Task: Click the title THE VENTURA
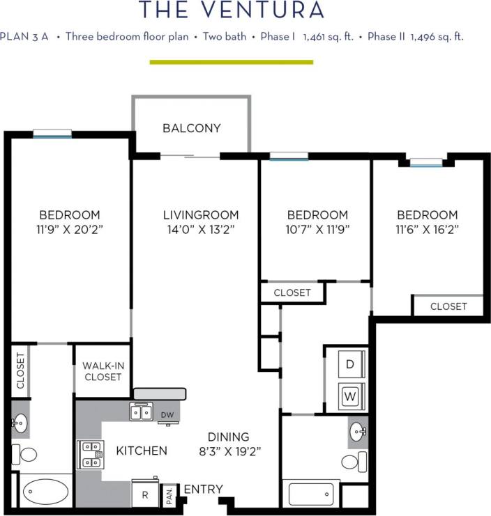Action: tap(232, 10)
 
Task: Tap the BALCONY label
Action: tap(192, 128)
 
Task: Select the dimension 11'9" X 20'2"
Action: tap(69, 229)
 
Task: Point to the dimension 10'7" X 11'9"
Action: tap(318, 229)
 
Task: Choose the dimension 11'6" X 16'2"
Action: tap(428, 229)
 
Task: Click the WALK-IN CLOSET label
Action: tap(102, 371)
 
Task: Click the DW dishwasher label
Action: tap(167, 415)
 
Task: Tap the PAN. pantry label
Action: tap(169, 495)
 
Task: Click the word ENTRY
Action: tap(204, 490)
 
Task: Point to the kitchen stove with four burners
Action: tap(90, 455)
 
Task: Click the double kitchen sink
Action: tap(141, 412)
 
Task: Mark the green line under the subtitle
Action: tap(232, 62)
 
